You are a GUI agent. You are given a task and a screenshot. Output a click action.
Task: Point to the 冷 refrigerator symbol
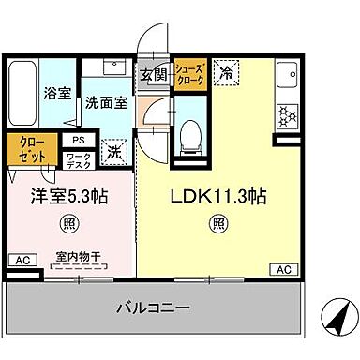tap(227, 70)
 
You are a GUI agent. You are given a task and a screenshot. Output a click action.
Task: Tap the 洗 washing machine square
tap(112, 150)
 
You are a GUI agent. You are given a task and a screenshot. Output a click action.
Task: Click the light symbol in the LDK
tap(217, 223)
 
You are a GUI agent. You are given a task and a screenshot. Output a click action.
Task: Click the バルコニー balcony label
tap(155, 307)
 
